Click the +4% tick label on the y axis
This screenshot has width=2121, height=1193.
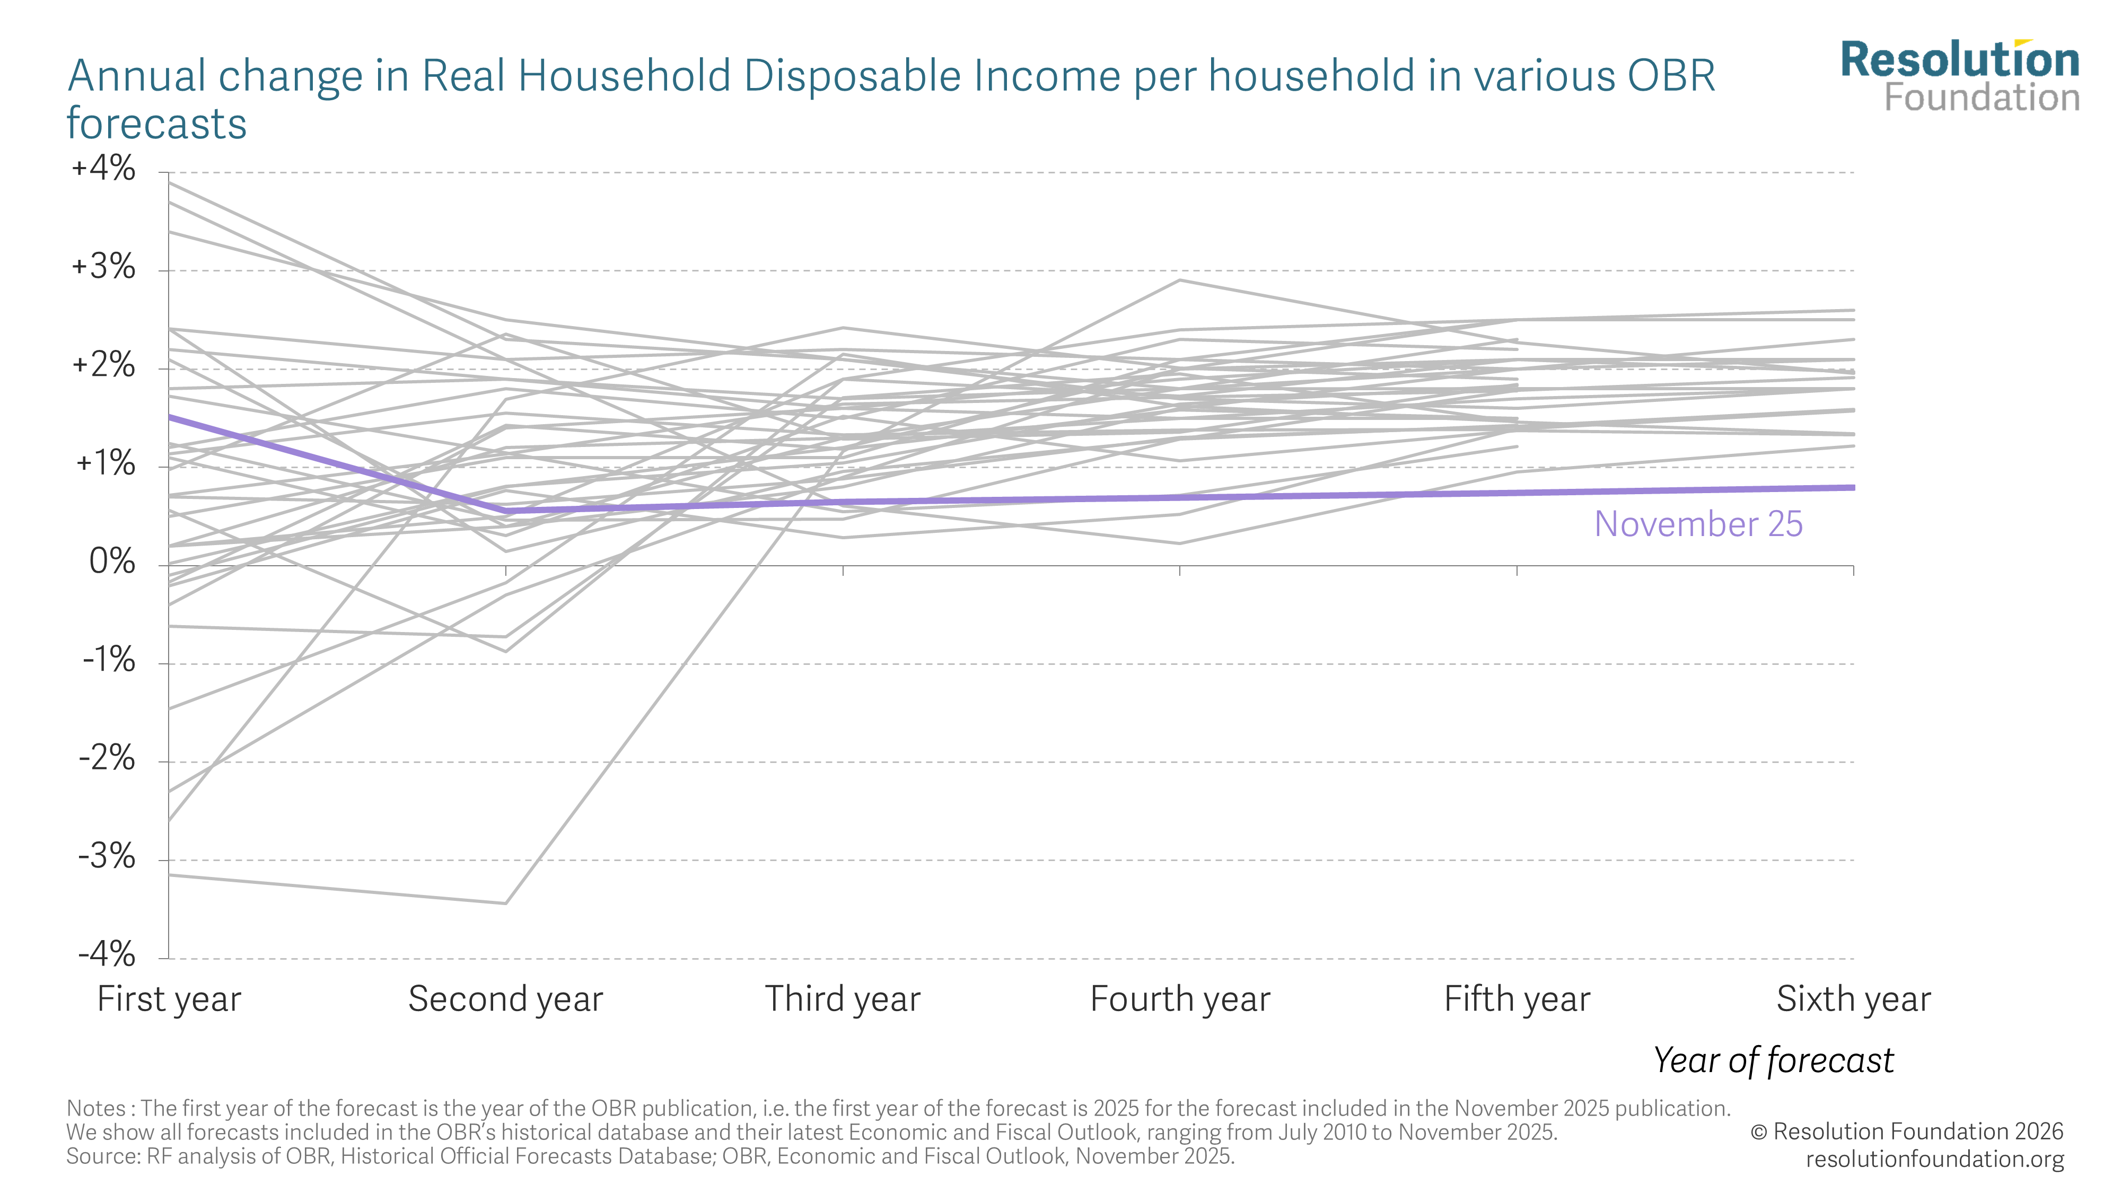click(x=104, y=169)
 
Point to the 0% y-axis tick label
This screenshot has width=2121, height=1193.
click(x=112, y=563)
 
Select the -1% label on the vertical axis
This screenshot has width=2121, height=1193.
click(x=109, y=660)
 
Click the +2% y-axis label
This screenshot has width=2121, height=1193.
click(x=104, y=365)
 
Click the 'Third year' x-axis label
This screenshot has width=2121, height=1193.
click(x=843, y=999)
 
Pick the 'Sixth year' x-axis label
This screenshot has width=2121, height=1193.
click(x=1853, y=999)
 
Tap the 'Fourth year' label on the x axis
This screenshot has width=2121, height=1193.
click(x=1180, y=999)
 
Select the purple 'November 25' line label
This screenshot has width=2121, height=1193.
click(x=1698, y=524)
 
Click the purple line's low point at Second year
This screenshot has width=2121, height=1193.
click(x=505, y=511)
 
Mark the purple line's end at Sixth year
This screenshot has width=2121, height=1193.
click(x=1853, y=487)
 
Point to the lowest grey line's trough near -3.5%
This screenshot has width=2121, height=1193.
click(x=505, y=903)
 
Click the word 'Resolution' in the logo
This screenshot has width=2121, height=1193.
click(x=1960, y=61)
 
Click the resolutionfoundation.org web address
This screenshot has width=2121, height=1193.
click(x=1935, y=1159)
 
